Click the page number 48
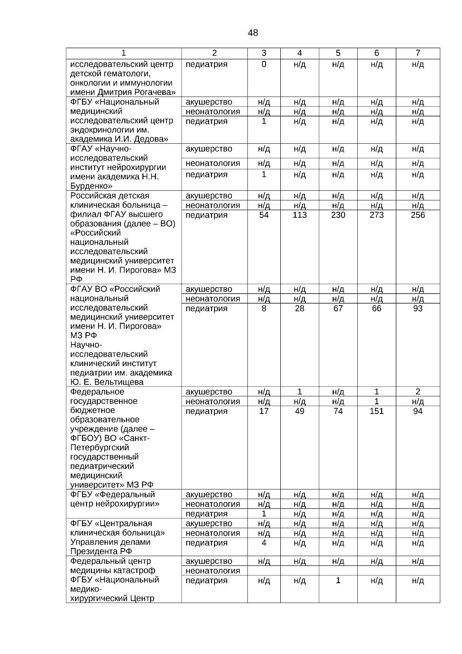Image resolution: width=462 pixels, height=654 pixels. pos(253,33)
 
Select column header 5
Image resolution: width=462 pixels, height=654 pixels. pos(338,53)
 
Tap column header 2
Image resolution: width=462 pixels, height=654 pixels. pos(214,53)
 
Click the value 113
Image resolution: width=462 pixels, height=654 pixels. pos(300,215)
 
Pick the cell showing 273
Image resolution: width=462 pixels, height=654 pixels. pos(377,215)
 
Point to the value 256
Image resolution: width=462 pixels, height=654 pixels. pos(418,215)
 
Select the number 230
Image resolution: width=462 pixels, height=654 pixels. pos(338,215)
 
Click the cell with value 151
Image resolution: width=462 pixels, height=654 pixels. pos(377,411)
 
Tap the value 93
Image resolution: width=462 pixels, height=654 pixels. pos(418,309)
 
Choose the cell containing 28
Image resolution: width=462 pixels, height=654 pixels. pos(300,309)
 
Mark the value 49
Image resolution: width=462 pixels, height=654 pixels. pos(300,411)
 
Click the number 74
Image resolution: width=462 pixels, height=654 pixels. pos(338,411)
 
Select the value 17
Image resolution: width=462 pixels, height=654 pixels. pos(264,411)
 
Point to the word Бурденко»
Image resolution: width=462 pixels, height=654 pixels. pos(91,186)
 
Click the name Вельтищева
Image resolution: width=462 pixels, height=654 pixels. pos(119,382)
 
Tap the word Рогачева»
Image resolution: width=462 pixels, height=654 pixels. pos(155,92)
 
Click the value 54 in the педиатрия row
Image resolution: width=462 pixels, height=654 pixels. pos(264,215)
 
